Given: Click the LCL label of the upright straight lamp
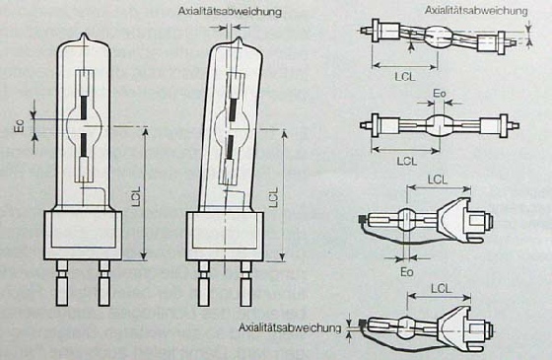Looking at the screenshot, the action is tap(136, 196).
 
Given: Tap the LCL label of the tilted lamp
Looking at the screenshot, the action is tap(274, 197).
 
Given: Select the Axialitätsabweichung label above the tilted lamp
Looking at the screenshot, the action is tap(230, 11).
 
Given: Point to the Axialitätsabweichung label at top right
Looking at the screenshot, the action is tap(476, 10).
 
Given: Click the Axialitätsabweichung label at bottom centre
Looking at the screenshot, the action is tap(290, 327).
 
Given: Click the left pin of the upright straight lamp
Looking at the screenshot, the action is tap(62, 283).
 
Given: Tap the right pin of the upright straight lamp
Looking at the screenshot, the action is tap(104, 283).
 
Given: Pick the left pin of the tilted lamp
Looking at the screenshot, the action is tap(204, 284).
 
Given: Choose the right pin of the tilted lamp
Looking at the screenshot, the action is tap(245, 284).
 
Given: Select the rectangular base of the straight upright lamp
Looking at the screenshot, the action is tap(83, 236).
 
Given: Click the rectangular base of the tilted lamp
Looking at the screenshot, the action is tap(225, 237).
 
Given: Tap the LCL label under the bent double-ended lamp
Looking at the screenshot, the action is tap(405, 77).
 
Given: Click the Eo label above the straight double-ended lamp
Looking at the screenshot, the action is tap(440, 94).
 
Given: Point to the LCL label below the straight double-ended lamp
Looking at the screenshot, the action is tap(407, 161).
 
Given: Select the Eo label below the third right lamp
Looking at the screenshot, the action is tap(407, 272).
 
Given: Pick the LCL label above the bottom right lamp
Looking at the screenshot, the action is tap(441, 289).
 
